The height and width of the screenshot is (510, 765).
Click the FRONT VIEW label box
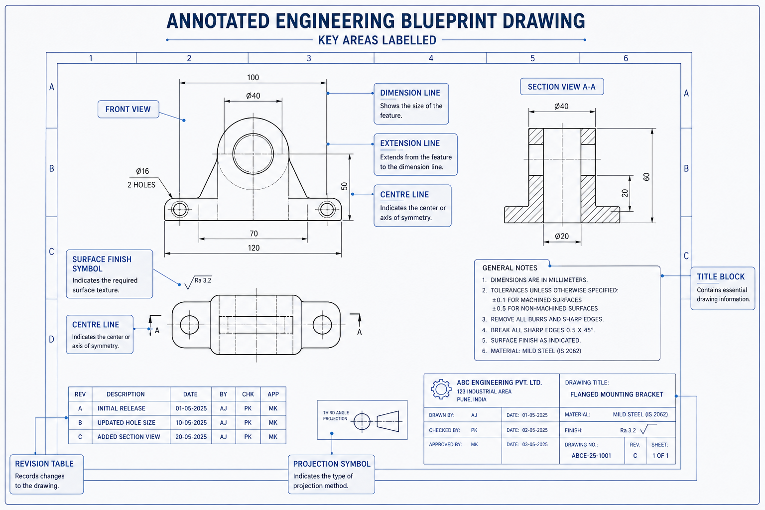[128, 109]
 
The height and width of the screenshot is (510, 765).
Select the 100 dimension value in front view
[253, 77]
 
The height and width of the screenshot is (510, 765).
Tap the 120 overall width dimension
[254, 248]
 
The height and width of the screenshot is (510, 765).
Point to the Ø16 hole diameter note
[142, 171]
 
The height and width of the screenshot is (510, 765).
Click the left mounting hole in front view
[179, 209]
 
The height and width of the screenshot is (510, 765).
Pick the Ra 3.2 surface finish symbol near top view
[198, 282]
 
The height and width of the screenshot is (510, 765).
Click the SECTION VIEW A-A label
[561, 87]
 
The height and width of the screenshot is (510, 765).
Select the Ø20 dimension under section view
[562, 236]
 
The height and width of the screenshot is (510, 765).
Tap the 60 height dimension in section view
[646, 177]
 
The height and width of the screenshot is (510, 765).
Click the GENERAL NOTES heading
[510, 268]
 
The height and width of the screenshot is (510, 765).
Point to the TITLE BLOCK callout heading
[721, 277]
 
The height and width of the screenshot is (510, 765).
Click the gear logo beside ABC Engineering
[441, 389]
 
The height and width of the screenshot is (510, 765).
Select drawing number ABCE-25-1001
[591, 456]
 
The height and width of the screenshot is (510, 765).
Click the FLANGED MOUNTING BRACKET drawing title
[617, 394]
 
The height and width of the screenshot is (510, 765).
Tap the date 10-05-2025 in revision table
[191, 422]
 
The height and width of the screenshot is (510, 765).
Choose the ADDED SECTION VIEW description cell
[129, 437]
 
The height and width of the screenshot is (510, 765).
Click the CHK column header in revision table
[248, 394]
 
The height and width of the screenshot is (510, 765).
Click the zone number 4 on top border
[431, 58]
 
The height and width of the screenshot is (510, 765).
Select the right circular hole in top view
[322, 325]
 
